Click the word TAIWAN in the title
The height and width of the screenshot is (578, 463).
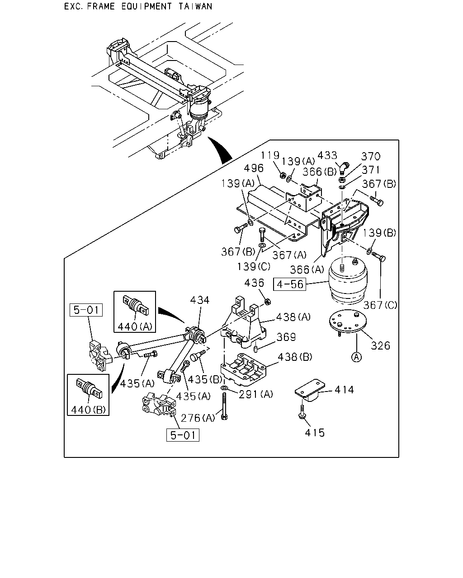[x=196, y=6]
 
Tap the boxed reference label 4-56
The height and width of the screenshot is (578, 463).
[x=290, y=284]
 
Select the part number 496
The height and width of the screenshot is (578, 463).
[x=253, y=168]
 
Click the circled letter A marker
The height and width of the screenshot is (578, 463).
[x=356, y=357]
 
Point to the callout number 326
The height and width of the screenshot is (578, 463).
[x=380, y=346]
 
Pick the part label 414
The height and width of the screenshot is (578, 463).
[x=344, y=390]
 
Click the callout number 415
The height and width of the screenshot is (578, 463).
[x=315, y=433]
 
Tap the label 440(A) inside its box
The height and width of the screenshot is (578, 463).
[x=135, y=326]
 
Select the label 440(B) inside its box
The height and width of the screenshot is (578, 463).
[x=88, y=410]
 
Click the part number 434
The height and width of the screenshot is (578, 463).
[x=199, y=300]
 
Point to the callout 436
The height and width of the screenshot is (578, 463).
[x=254, y=283]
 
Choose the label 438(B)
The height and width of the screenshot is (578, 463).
[x=295, y=357]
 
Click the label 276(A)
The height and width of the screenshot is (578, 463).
[x=198, y=418]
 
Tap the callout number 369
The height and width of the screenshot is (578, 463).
[x=286, y=337]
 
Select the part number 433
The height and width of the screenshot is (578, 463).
[x=327, y=155]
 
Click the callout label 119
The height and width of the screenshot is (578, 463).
[x=270, y=155]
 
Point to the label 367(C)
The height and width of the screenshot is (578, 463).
[x=380, y=305]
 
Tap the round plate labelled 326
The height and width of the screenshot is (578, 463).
[x=348, y=322]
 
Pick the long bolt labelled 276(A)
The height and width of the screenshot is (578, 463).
[x=224, y=406]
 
